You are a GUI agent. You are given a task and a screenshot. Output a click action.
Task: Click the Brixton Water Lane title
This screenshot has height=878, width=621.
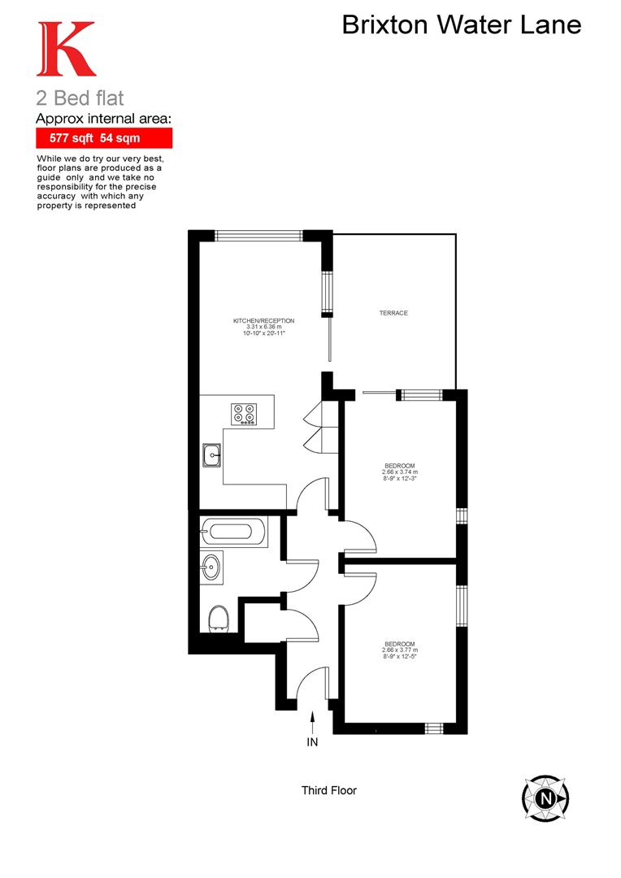(x=461, y=25)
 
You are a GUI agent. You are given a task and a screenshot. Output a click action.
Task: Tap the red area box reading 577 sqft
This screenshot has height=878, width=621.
(x=103, y=138)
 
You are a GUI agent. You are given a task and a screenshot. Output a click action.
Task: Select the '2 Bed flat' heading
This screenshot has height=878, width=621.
(x=80, y=99)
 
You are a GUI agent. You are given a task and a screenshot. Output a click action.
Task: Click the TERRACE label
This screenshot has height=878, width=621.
(x=393, y=313)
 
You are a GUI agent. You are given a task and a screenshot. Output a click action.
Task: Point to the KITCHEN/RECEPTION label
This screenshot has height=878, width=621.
(x=258, y=321)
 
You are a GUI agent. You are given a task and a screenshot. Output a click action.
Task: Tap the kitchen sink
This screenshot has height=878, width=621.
(x=213, y=455)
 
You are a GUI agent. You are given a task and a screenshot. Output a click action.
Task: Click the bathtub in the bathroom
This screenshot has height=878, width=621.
(x=234, y=532)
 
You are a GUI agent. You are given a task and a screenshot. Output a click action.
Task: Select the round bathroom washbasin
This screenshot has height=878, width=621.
(x=212, y=566)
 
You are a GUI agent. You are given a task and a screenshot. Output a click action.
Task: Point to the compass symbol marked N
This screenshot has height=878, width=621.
(x=547, y=797)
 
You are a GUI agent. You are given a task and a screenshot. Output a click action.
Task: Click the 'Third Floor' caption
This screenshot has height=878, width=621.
(x=328, y=790)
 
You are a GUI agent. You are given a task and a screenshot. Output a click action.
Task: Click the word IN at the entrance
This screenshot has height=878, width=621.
(x=312, y=741)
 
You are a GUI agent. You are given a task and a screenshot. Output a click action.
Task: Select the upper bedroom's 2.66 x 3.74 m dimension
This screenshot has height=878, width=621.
(x=399, y=472)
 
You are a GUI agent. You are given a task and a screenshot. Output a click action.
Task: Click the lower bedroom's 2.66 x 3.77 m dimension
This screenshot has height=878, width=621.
(x=399, y=650)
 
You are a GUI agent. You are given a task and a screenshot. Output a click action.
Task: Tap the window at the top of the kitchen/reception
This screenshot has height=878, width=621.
(x=259, y=236)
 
